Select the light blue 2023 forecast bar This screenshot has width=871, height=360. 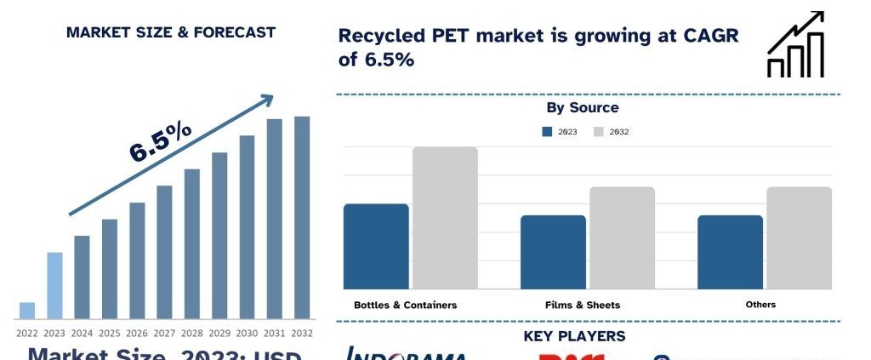point(54,284)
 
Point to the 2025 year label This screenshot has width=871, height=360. point(110,333)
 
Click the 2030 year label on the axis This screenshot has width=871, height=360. point(247,333)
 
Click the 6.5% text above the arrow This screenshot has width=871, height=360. point(161,141)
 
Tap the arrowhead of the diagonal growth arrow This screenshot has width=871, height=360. point(266,100)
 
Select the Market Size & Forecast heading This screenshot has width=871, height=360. point(171,32)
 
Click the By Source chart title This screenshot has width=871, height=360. point(583,108)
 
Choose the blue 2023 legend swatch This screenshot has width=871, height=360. point(547,132)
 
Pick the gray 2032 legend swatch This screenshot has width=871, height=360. point(598,132)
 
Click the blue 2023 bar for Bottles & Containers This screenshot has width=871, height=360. point(376,246)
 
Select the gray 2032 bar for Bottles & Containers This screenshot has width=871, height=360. point(445,218)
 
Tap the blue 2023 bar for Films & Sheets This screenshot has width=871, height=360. point(553,252)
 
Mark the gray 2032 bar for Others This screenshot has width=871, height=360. point(799,237)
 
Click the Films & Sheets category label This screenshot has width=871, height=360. point(583,305)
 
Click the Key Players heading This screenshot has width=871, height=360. point(574,336)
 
